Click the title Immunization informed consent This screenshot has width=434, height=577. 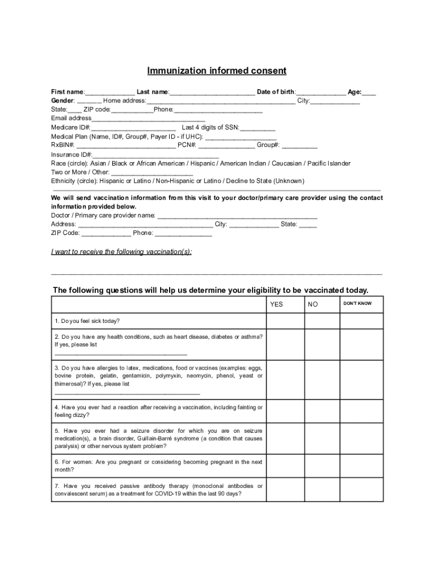[x=217, y=71]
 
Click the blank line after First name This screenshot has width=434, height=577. [x=110, y=92]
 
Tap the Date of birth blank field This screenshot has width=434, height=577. [x=321, y=92]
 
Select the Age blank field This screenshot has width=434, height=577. [x=369, y=92]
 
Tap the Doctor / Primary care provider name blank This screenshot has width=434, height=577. [x=237, y=216]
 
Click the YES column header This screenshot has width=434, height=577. [x=277, y=304]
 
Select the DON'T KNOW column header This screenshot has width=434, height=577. [x=357, y=304]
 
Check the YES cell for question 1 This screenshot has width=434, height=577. [x=286, y=321]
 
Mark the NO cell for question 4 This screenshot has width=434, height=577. [x=322, y=411]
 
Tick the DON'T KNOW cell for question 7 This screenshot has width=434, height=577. [x=361, y=490]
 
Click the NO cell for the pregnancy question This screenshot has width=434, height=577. [x=322, y=466]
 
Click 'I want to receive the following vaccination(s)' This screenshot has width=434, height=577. [x=121, y=252]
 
